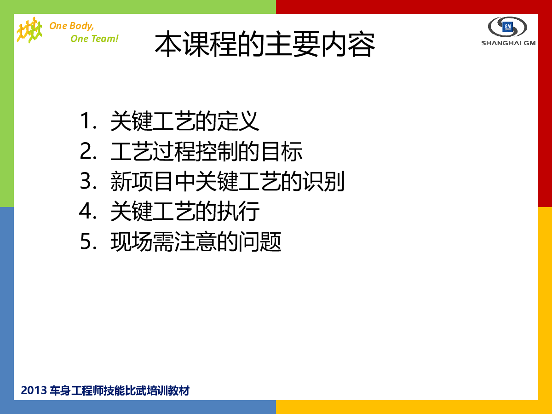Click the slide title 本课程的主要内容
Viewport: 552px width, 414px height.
click(265, 45)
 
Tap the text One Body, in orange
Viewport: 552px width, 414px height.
click(72, 26)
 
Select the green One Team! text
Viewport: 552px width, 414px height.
click(94, 39)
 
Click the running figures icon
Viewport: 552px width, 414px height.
click(29, 30)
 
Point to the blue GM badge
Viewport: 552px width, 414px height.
click(507, 27)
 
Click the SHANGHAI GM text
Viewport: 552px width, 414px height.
click(508, 43)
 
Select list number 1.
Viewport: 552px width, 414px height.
click(88, 121)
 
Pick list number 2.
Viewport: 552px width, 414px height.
click(88, 151)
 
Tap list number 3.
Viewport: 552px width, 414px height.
click(88, 181)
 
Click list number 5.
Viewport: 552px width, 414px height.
click(88, 241)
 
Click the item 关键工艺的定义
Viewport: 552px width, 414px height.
click(185, 121)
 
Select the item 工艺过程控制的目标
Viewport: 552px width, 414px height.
click(207, 151)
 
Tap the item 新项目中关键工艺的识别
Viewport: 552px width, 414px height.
click(228, 181)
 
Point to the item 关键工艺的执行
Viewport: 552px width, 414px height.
click(185, 211)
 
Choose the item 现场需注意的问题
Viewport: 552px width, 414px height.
click(196, 241)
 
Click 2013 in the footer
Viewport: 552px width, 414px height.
click(34, 391)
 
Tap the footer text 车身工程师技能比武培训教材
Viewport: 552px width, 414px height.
click(120, 391)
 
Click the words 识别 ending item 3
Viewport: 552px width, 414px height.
click(324, 181)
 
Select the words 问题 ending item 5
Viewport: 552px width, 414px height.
click(260, 241)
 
